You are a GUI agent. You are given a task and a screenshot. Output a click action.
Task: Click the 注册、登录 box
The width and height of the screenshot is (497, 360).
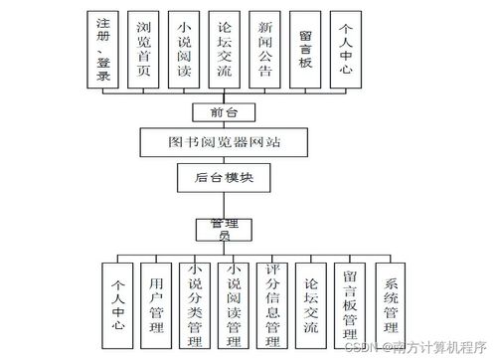[105, 47]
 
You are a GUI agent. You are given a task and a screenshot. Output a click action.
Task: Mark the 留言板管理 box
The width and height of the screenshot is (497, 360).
[350, 299]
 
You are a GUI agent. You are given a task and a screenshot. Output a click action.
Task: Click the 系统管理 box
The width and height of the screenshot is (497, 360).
[389, 299]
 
